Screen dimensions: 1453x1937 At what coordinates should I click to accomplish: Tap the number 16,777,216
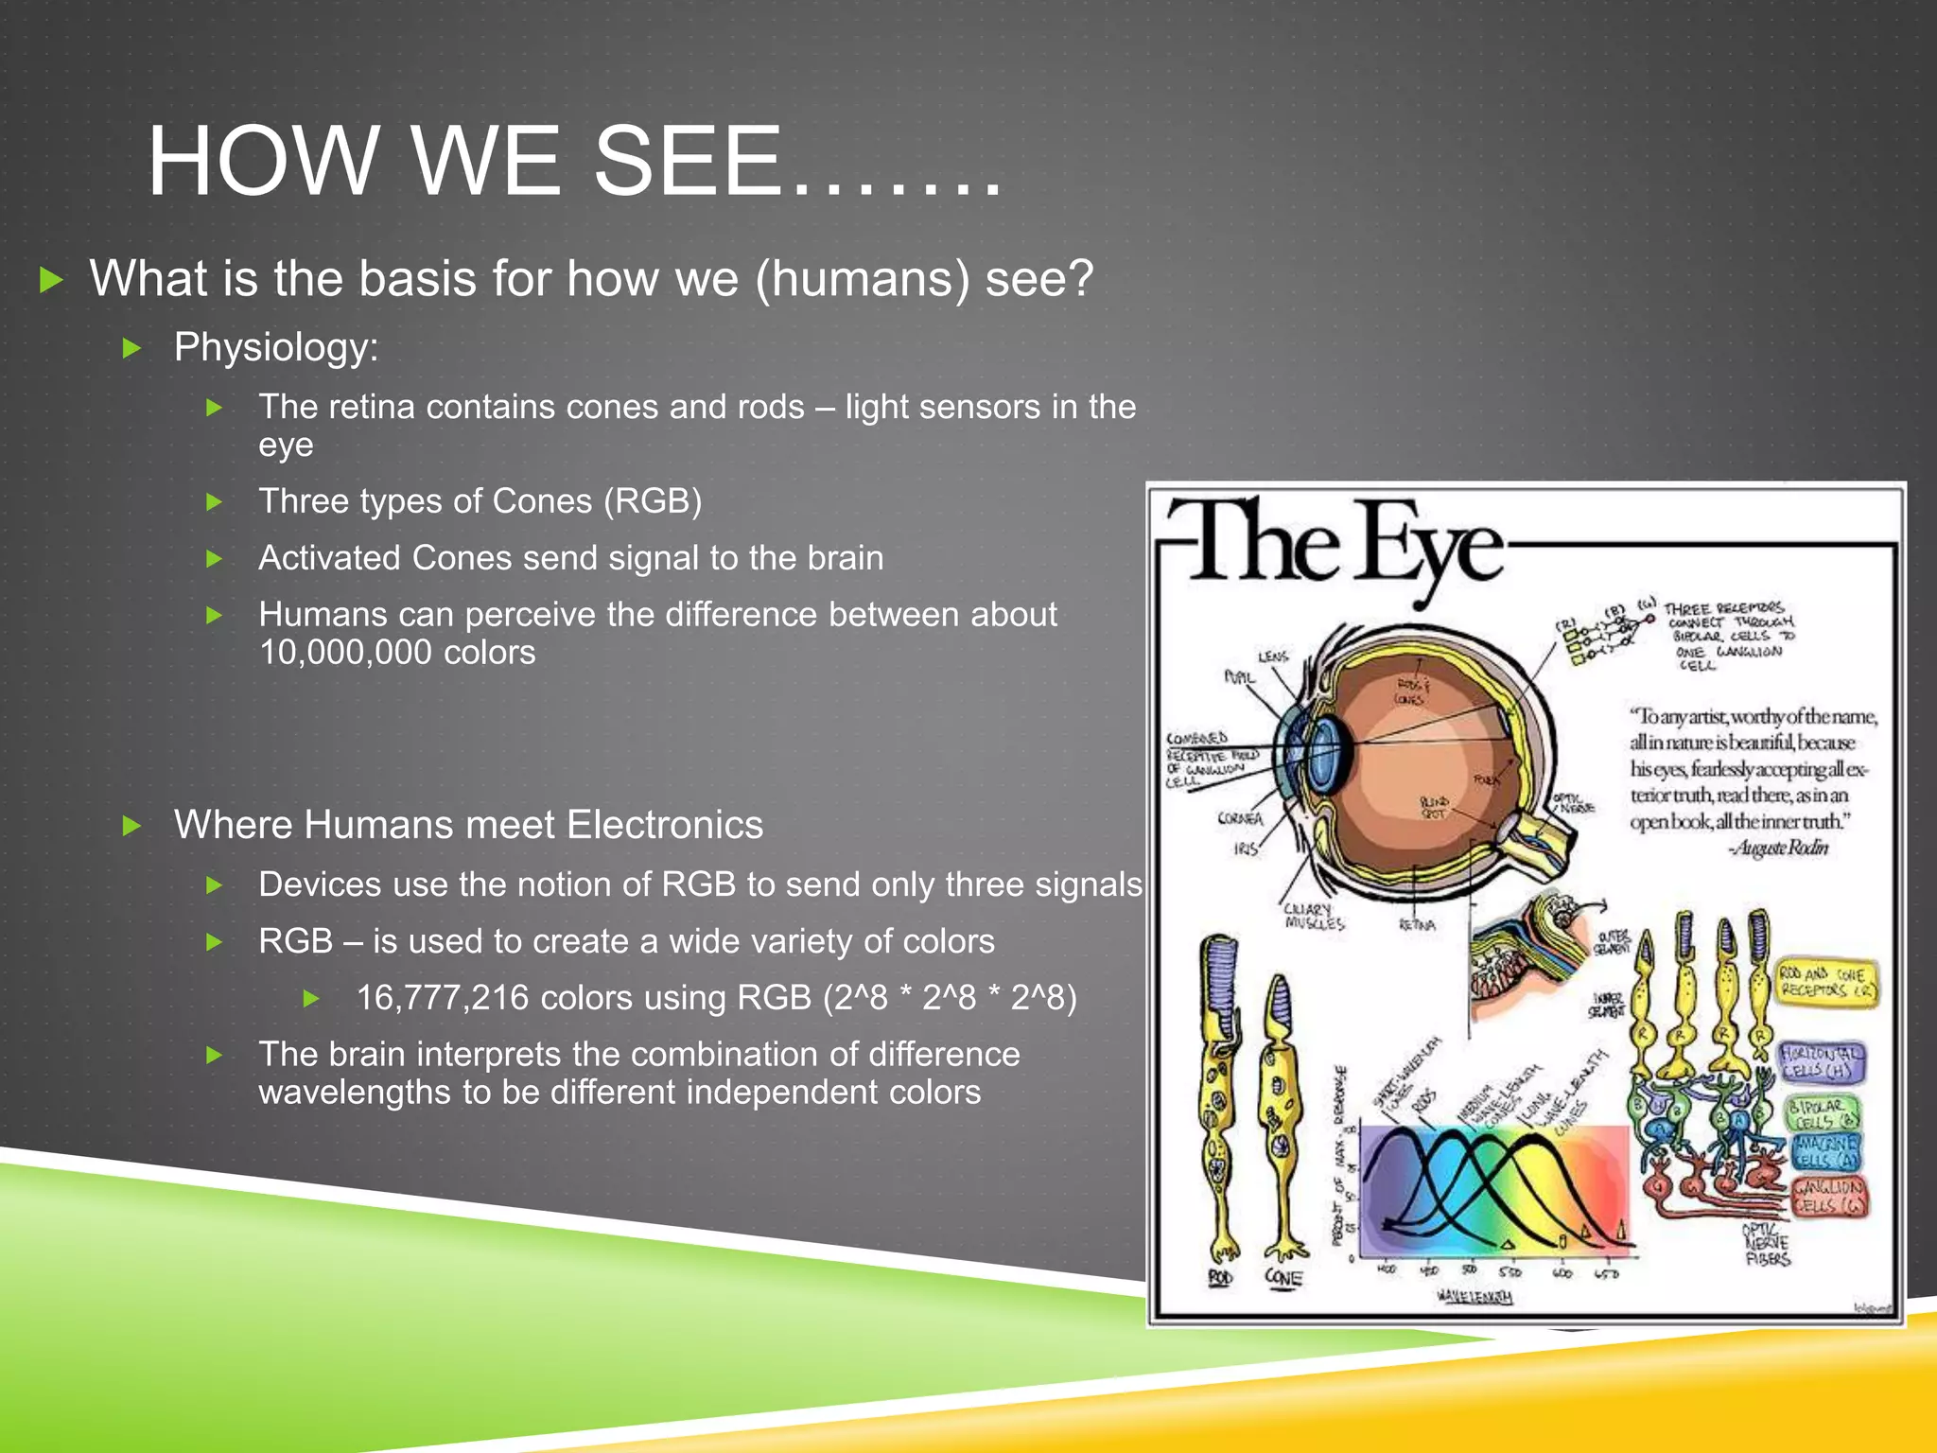click(x=442, y=998)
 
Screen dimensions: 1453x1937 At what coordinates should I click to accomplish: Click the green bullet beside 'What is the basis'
click(x=51, y=280)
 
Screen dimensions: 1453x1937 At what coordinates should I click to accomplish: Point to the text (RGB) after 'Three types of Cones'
click(x=653, y=501)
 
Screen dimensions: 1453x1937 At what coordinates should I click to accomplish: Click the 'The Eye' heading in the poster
click(x=1334, y=544)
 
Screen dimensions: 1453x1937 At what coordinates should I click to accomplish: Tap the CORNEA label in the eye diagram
click(x=1240, y=818)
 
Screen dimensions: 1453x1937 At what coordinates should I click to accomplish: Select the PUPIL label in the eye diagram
click(x=1239, y=677)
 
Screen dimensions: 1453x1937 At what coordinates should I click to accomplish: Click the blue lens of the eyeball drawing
click(x=1326, y=754)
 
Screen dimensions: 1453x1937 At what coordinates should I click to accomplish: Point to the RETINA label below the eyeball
click(x=1417, y=925)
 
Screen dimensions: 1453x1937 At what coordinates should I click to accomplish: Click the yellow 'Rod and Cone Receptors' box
click(x=1826, y=982)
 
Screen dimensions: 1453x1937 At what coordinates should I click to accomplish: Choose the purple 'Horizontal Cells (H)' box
click(x=1822, y=1061)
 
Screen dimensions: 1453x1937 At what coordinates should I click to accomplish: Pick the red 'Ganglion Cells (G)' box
click(x=1829, y=1197)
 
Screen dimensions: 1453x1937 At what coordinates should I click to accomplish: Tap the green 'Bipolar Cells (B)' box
click(x=1822, y=1112)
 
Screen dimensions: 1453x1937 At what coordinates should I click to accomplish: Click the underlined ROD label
click(x=1220, y=1278)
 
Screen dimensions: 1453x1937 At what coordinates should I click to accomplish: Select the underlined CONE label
click(x=1283, y=1278)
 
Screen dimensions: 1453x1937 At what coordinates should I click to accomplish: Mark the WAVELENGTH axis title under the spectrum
click(x=1474, y=1296)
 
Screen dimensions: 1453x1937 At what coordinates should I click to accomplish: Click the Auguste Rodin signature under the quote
click(x=1778, y=849)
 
